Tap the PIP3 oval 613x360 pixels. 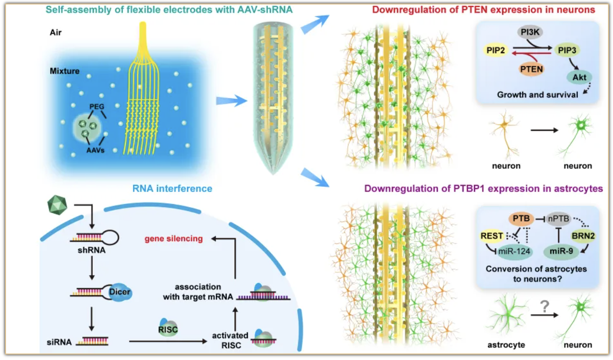[x=567, y=50]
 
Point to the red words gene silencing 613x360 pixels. [x=174, y=239]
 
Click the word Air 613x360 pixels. [x=56, y=32]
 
